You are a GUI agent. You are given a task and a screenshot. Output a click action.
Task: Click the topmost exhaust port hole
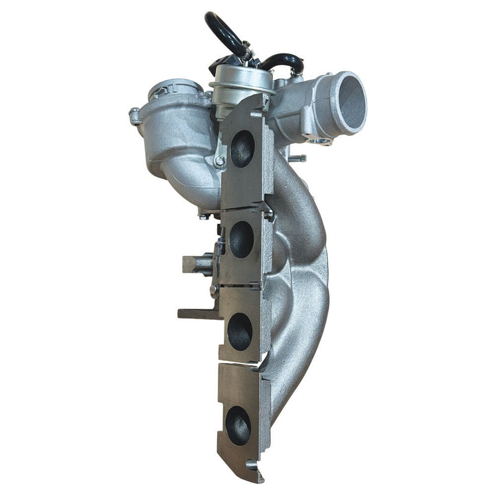click(243, 149)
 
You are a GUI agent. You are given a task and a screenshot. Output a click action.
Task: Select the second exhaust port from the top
click(241, 239)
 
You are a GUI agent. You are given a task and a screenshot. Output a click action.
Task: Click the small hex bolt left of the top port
click(219, 161)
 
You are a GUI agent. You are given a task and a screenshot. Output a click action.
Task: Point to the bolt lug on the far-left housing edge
click(135, 115)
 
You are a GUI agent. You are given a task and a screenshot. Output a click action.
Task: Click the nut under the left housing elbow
click(205, 215)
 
